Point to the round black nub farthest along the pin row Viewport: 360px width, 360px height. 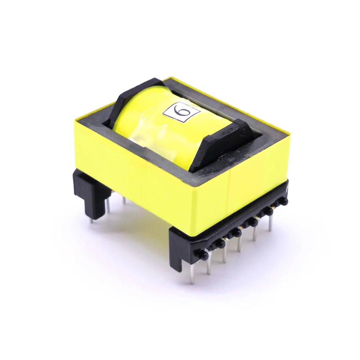point(284,202)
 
